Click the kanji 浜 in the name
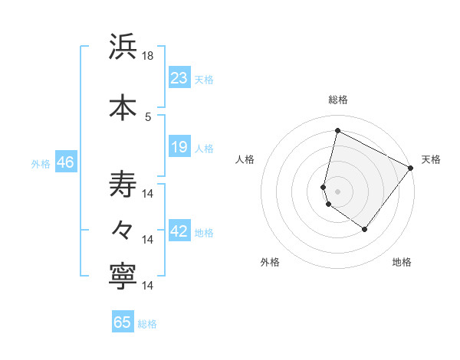tap(123, 47)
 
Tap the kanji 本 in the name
tap(123, 106)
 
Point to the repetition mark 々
tap(123, 229)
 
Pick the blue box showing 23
tap(179, 78)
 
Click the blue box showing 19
tap(179, 147)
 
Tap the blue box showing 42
tap(179, 231)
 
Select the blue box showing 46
tap(64, 162)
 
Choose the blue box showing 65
tap(123, 322)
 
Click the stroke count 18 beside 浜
tap(149, 56)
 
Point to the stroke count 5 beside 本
tap(149, 116)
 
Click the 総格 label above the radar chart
tap(338, 100)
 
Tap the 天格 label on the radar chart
tap(431, 159)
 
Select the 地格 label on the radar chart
tap(402, 262)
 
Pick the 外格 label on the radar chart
tap(270, 262)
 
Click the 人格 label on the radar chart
tap(245, 159)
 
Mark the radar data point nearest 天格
tap(411, 168)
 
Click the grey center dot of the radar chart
tap(337, 191)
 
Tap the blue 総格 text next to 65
tap(147, 324)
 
